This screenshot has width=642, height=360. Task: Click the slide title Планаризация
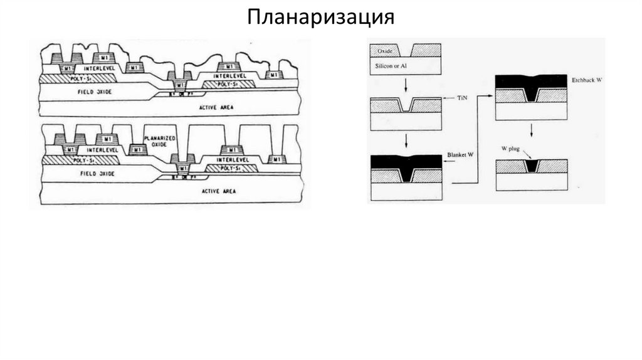tap(320, 16)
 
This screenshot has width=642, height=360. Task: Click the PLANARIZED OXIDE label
tap(159, 141)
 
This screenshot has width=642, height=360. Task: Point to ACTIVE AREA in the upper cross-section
tap(216, 107)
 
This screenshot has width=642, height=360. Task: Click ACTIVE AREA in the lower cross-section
tap(217, 190)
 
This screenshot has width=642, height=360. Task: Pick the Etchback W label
tap(587, 81)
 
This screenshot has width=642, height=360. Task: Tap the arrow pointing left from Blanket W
tap(450, 162)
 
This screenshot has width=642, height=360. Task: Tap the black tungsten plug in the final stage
tap(532, 167)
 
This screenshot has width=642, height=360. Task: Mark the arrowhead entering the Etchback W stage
tap(492, 96)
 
